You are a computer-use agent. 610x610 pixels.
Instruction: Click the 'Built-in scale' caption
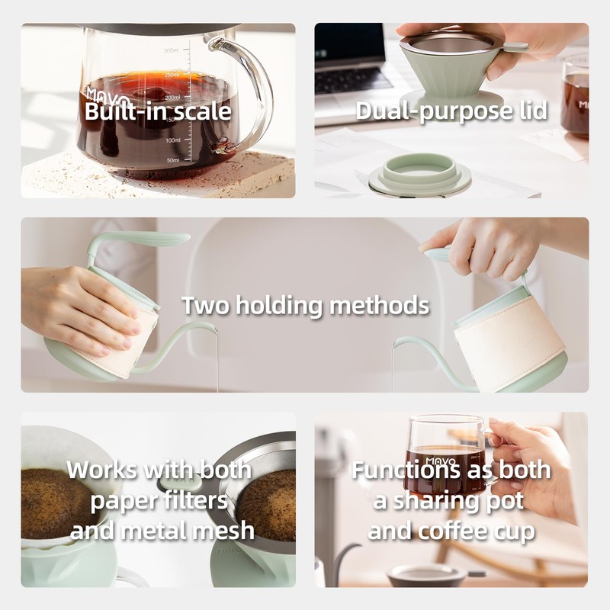coord(158,111)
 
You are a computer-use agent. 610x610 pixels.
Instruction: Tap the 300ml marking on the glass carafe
coord(171,51)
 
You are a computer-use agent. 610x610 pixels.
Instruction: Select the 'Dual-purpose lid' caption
coord(451,111)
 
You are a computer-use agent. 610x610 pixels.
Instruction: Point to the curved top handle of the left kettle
coord(137,240)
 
